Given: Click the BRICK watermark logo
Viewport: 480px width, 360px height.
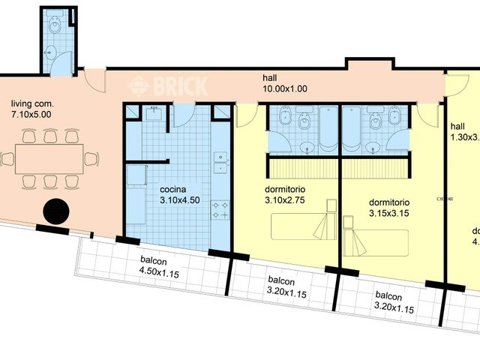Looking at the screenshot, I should click(x=168, y=85).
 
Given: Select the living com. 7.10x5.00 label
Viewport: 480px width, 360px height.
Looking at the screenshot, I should click(x=32, y=109).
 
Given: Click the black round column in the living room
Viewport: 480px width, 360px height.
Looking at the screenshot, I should click(x=56, y=211).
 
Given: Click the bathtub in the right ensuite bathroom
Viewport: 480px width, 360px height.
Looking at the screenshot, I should click(x=351, y=129).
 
